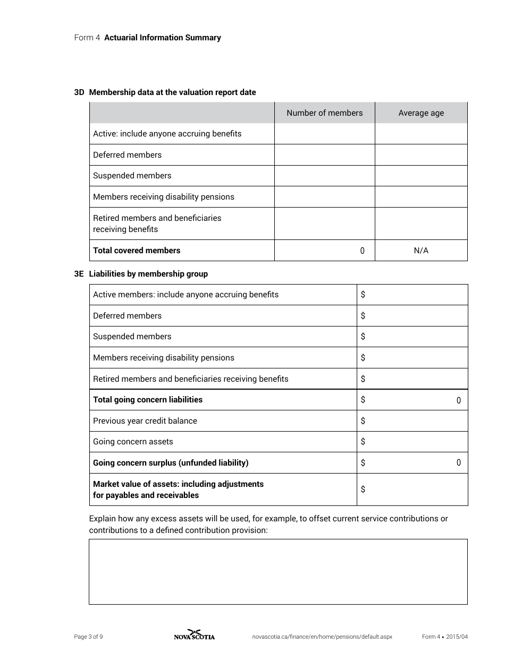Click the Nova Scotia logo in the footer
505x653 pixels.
point(194,635)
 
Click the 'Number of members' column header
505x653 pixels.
point(324,113)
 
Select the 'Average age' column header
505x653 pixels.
point(421,113)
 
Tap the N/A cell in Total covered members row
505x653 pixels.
point(421,251)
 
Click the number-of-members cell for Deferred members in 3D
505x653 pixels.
point(324,155)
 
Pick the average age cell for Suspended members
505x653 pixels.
point(421,176)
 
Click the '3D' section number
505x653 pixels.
point(79,92)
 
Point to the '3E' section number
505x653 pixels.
point(79,274)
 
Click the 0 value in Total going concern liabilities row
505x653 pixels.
point(458,400)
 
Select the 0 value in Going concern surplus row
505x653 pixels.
point(458,463)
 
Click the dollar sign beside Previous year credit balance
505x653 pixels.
point(363,421)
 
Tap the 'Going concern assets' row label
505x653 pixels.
point(133,442)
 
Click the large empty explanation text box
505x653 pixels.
point(278,572)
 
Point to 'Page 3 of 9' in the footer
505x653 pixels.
point(88,637)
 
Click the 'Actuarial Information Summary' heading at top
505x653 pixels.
point(163,38)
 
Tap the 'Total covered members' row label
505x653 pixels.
point(137,251)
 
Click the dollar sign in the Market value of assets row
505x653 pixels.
point(363,489)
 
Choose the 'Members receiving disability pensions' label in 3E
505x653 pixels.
point(164,358)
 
